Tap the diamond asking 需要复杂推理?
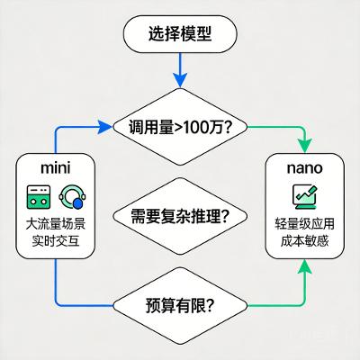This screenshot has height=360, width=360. pyautogui.click(x=180, y=216)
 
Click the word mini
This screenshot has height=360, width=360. pyautogui.click(x=56, y=167)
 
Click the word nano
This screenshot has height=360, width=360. pyautogui.click(x=303, y=167)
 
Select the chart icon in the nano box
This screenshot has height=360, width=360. pyautogui.click(x=303, y=195)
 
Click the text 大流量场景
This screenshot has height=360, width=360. pyautogui.click(x=56, y=224)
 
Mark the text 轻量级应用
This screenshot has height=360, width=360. pyautogui.click(x=303, y=224)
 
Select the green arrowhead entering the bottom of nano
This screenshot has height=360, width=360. pyautogui.click(x=303, y=265)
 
